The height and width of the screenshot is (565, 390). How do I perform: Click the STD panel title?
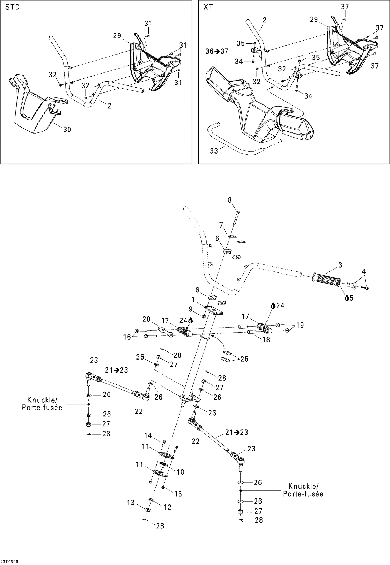click(x=12, y=7)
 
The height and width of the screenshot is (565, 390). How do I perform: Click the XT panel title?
click(x=208, y=7)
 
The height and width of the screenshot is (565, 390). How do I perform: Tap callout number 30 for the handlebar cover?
click(x=67, y=129)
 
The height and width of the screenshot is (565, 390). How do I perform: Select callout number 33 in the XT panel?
click(x=214, y=151)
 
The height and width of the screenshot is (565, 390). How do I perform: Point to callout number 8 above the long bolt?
click(x=230, y=200)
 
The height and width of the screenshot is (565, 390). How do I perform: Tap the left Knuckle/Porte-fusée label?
click(x=42, y=404)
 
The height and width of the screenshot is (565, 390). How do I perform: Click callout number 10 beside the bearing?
click(x=180, y=472)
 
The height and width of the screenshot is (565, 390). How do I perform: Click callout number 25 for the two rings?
click(x=244, y=359)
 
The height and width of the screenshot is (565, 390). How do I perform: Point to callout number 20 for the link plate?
click(x=146, y=319)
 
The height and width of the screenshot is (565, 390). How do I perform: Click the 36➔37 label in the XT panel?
click(x=217, y=51)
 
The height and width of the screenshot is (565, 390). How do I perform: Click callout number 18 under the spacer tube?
click(x=266, y=340)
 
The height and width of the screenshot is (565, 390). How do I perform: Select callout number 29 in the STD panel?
click(x=117, y=36)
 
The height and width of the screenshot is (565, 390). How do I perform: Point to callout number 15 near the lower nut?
click(x=178, y=494)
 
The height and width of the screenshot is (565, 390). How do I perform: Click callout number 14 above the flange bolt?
click(x=148, y=435)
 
